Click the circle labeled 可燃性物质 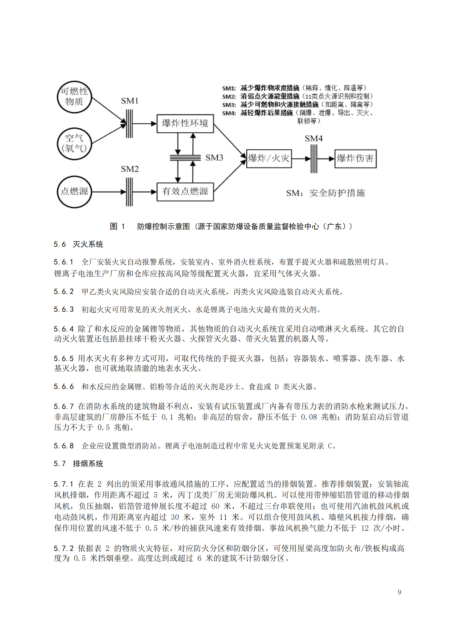pos(74,97)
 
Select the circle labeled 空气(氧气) pos(74,144)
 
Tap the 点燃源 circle pos(74,192)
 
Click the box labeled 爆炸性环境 pos(185,123)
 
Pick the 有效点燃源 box pos(185,192)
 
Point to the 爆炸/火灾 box pos(269,158)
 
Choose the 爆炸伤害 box pos(355,159)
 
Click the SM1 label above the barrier pos(130,101)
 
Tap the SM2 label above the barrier pos(130,169)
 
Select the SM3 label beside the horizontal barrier pos(214,158)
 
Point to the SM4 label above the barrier pos(314,138)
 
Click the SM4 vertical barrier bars pos(314,159)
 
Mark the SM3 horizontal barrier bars pos(185,158)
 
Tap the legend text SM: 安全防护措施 pos(325,193)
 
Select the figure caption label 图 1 pos(117,226)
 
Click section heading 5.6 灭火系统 pos(78,244)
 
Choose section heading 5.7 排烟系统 pos(78,464)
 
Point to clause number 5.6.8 pos(64,446)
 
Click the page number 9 pos(399,592)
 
